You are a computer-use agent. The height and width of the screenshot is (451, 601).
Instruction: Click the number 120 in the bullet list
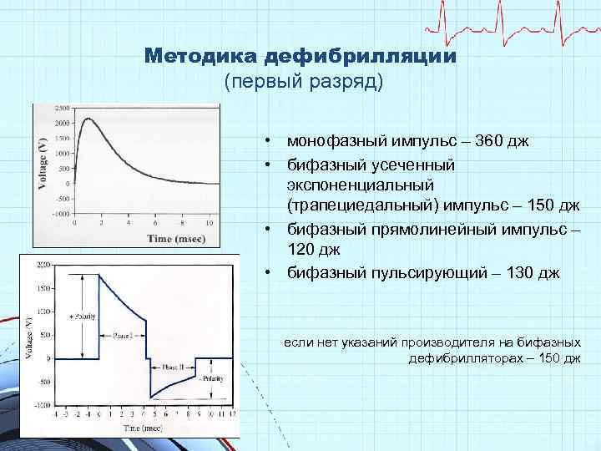tap(303, 249)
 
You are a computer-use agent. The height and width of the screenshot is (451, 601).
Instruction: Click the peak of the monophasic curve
tap(89, 119)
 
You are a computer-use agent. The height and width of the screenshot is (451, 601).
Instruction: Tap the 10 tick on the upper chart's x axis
tap(209, 223)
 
